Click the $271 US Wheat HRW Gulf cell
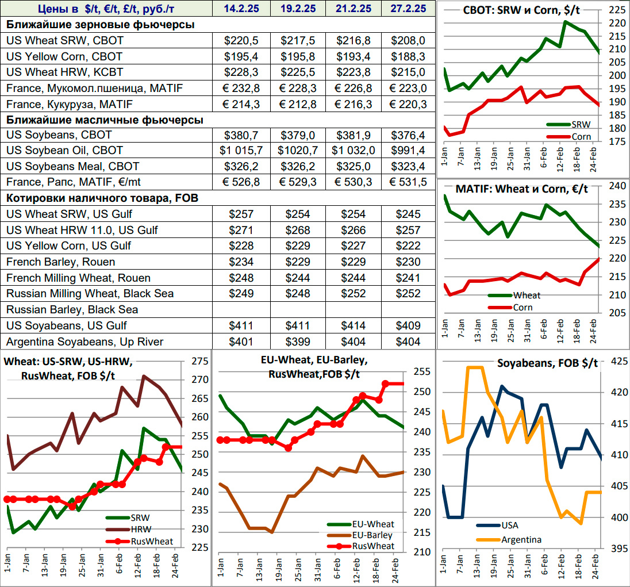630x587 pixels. [x=241, y=230]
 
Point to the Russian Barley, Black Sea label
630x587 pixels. [x=72, y=309]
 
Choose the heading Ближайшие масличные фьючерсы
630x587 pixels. [x=105, y=120]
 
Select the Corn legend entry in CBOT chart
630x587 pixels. [x=581, y=136]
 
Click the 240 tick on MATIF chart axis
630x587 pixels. [x=616, y=186]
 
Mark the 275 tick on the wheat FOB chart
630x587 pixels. [x=201, y=362]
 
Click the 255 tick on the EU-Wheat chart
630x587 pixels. [x=422, y=372]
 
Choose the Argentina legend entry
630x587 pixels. [x=521, y=540]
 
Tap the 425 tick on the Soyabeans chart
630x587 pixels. [x=617, y=362]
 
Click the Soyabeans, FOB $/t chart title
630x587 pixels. [x=547, y=363]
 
